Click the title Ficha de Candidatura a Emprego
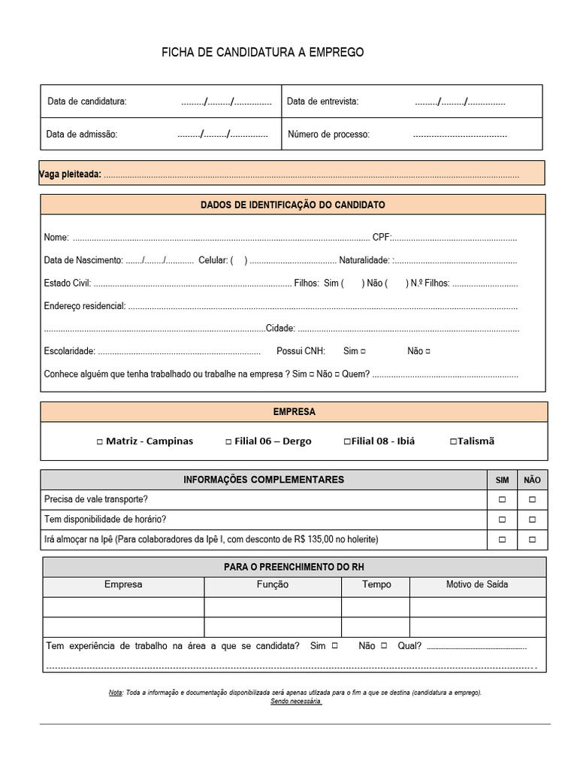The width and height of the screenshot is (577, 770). [x=262, y=53]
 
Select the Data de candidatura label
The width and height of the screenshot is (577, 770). [x=86, y=102]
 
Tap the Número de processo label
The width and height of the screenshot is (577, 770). [x=328, y=135]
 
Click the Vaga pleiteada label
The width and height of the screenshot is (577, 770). [x=70, y=174]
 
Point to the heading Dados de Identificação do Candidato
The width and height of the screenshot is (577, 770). [x=292, y=205]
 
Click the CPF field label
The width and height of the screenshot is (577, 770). [x=382, y=238]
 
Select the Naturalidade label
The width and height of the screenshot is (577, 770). [x=364, y=260]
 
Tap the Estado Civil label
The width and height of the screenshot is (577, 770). [x=68, y=283]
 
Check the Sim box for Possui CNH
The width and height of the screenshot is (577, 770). [x=364, y=351]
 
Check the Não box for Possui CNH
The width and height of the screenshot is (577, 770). [x=427, y=351]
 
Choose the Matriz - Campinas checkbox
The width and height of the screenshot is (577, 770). [x=100, y=442]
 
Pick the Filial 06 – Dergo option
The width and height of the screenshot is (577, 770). [x=228, y=442]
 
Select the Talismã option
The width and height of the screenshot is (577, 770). [x=453, y=442]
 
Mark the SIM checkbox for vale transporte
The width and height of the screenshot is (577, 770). [x=502, y=499]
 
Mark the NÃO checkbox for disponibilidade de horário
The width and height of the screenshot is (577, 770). [x=532, y=520]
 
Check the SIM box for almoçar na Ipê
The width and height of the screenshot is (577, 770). [x=502, y=540]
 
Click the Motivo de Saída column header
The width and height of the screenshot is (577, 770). [x=477, y=585]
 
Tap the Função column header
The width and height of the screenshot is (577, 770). [x=272, y=585]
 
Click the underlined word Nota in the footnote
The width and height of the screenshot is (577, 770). [x=116, y=693]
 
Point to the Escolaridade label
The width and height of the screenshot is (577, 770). [x=69, y=351]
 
